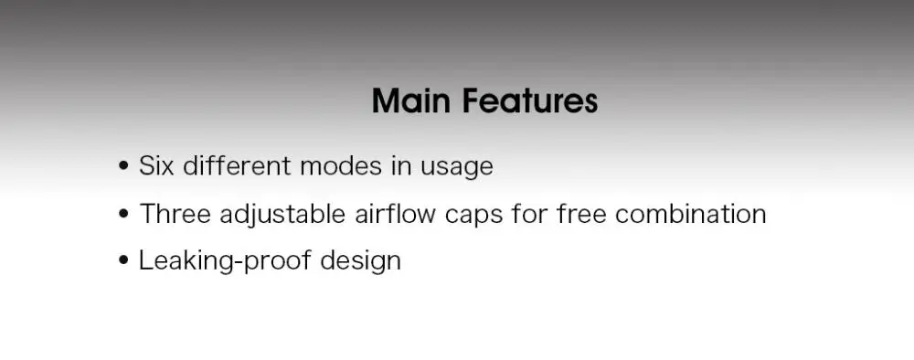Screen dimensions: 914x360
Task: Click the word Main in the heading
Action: click(411, 101)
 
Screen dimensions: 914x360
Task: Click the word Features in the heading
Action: click(530, 101)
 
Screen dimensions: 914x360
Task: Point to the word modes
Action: click(340, 166)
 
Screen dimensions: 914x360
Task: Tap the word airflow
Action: click(395, 214)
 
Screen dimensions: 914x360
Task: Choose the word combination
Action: click(691, 214)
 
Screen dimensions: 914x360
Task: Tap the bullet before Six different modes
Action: click(123, 166)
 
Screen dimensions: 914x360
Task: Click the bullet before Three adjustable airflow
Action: click(123, 214)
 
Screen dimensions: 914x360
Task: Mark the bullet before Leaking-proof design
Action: click(123, 260)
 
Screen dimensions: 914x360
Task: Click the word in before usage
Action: click(401, 166)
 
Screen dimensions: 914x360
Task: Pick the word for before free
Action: click(529, 214)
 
